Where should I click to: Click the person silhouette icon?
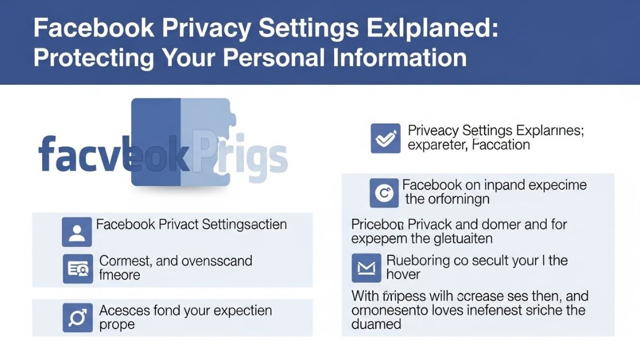[77, 232]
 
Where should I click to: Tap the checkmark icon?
[385, 139]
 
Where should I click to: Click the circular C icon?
[383, 193]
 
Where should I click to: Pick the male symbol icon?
[77, 318]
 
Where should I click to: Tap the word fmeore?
[120, 275]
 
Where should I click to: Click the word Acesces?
[125, 310]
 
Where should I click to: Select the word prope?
[117, 325]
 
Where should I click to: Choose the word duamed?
[376, 324]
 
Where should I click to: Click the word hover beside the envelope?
[403, 275]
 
